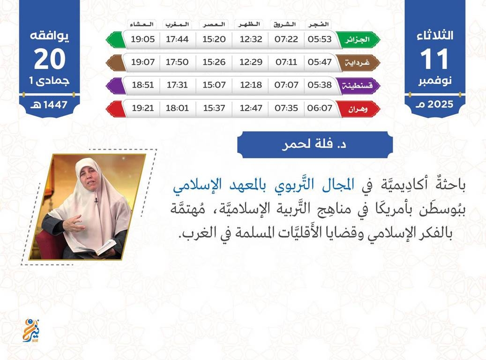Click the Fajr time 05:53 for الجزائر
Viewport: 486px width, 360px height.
click(x=320, y=39)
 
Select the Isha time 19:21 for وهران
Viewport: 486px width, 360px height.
click(x=142, y=108)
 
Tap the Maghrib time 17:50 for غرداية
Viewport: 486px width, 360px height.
click(x=177, y=62)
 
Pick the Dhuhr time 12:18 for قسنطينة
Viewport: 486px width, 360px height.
click(x=251, y=85)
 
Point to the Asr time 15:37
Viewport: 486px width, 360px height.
click(x=214, y=108)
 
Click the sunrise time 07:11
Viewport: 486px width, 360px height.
click(x=286, y=62)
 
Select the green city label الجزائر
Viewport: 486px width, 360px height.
click(x=358, y=40)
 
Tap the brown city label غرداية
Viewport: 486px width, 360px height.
click(x=358, y=63)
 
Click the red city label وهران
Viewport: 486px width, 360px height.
click(x=358, y=109)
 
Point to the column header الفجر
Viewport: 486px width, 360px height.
click(x=319, y=24)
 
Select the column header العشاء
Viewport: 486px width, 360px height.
click(x=142, y=24)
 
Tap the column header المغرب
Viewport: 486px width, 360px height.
click(x=177, y=24)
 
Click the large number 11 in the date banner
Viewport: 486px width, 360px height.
click(x=434, y=59)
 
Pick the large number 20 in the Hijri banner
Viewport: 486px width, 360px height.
click(x=50, y=59)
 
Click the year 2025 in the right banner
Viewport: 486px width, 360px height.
click(x=440, y=104)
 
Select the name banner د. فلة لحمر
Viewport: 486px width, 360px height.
click(x=315, y=144)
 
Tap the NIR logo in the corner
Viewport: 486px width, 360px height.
click(x=31, y=330)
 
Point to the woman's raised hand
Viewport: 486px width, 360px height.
click(x=74, y=223)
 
